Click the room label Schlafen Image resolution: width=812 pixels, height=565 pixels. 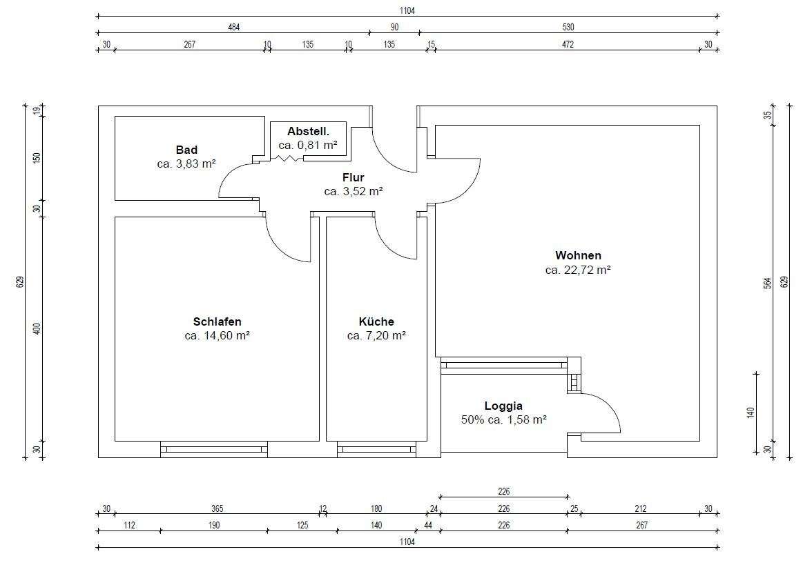coord(217,321)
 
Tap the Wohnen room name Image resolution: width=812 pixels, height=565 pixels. coord(578,255)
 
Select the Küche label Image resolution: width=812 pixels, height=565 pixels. coord(376,321)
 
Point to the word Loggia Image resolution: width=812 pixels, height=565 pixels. coord(503,406)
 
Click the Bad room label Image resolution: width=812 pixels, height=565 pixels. coord(186,150)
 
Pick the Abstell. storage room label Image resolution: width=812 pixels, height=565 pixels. coord(308,131)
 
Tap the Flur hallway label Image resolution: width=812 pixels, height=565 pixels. coord(354,178)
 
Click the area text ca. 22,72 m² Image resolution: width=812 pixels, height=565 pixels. coord(578,270)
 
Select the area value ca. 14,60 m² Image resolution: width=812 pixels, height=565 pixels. coord(217,335)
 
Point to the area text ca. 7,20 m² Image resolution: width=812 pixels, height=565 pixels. coord(376,335)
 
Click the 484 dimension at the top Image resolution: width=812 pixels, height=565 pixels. coord(234,28)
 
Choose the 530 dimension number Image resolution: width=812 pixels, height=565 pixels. coord(568,28)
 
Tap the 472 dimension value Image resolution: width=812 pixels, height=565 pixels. coord(568,44)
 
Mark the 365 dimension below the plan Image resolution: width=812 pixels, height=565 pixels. coord(217,509)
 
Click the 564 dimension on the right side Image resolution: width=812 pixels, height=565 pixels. coord(768,283)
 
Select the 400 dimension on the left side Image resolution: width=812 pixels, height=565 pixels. coord(37,328)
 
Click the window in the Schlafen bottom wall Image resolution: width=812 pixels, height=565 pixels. coord(214,450)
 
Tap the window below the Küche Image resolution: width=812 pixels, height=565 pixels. coord(376,450)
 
